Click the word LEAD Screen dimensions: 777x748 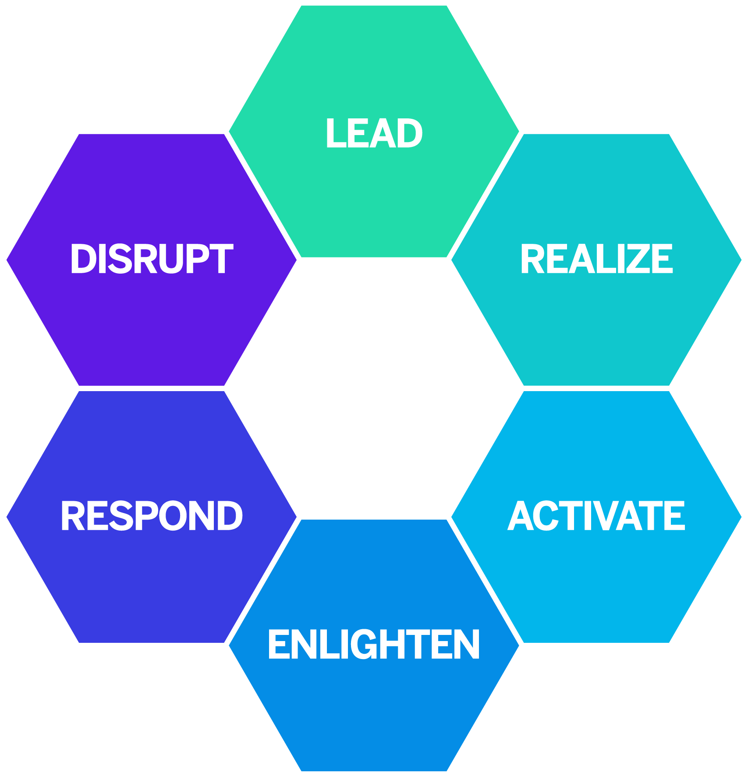[374, 133]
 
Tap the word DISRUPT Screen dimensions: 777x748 [152, 259]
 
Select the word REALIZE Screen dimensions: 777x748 [596, 259]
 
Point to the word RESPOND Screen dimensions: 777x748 [152, 516]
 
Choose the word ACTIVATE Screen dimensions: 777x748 [596, 516]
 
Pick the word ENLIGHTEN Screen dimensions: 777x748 [374, 644]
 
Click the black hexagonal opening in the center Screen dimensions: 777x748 [374, 388]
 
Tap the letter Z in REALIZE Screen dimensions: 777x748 [642, 259]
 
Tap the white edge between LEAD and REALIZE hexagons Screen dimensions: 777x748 [485, 195]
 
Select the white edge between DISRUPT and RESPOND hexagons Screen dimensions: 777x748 [152, 388]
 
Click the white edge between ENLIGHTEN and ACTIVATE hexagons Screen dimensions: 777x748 [485, 581]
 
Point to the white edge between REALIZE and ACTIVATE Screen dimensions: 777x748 [596, 388]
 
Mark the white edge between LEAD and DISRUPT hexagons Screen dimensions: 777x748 [263, 195]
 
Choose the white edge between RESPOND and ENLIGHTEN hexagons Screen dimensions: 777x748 [263, 581]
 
